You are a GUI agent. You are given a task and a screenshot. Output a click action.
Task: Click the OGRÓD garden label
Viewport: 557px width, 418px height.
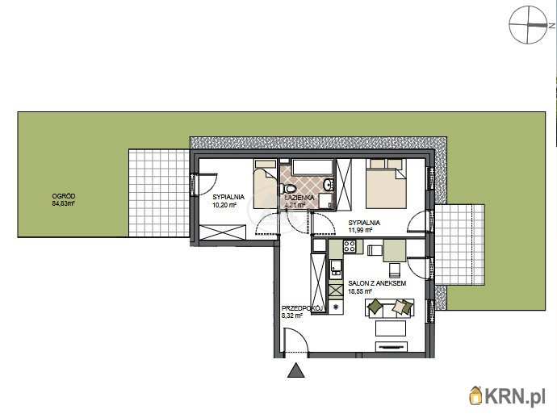point(64,196)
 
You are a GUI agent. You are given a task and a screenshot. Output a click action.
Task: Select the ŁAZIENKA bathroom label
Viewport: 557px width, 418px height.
point(299,198)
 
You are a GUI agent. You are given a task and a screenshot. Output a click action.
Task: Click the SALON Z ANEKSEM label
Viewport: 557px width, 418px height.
point(377,283)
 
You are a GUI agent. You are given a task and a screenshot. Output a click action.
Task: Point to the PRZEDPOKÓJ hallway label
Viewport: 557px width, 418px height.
point(302,308)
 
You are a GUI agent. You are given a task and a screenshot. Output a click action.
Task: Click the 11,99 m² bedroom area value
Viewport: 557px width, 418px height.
point(360,230)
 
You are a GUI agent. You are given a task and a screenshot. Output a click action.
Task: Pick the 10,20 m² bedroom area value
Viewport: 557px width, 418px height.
point(224,205)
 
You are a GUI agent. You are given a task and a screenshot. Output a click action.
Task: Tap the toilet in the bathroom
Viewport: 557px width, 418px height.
point(287,187)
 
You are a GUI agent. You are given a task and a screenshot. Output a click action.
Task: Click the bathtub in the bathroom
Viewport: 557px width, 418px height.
point(312,167)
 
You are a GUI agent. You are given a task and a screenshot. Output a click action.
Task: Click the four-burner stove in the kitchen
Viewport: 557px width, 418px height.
point(350,246)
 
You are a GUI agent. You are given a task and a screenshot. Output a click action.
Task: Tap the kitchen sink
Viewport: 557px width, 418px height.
point(335,269)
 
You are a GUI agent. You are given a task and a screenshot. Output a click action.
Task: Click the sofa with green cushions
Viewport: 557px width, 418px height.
point(390,307)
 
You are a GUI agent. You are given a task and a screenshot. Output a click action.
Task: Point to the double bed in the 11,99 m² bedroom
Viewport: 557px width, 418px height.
point(386,183)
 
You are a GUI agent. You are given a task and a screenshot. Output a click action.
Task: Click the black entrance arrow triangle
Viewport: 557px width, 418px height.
point(296,370)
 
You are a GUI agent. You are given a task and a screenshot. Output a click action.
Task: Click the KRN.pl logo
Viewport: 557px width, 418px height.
point(507,395)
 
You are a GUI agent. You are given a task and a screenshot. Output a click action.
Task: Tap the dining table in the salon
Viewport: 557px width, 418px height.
point(394,250)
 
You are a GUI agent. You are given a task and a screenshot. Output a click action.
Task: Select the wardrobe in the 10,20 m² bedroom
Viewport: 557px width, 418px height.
point(222,232)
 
